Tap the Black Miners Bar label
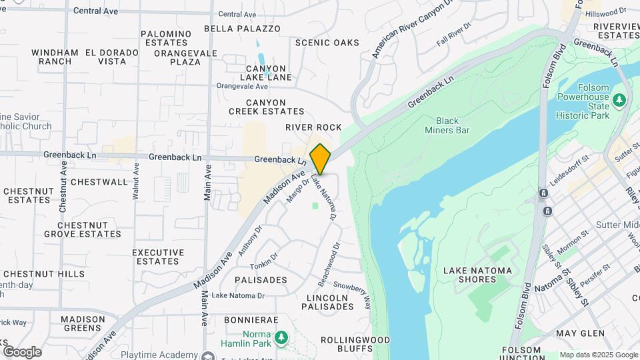coord(447,125)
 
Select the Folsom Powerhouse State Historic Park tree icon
coord(620,101)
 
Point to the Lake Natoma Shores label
coord(477,275)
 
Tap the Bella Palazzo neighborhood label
coord(242,29)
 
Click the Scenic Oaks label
coord(327,43)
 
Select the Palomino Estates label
coord(167,38)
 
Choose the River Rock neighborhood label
coord(313,127)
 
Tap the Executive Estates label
coord(158,257)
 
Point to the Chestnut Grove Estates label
coord(83,229)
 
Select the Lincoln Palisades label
coord(327,302)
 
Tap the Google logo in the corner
coord(22,352)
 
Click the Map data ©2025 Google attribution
coord(598,355)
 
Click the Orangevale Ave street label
coord(243,86)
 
